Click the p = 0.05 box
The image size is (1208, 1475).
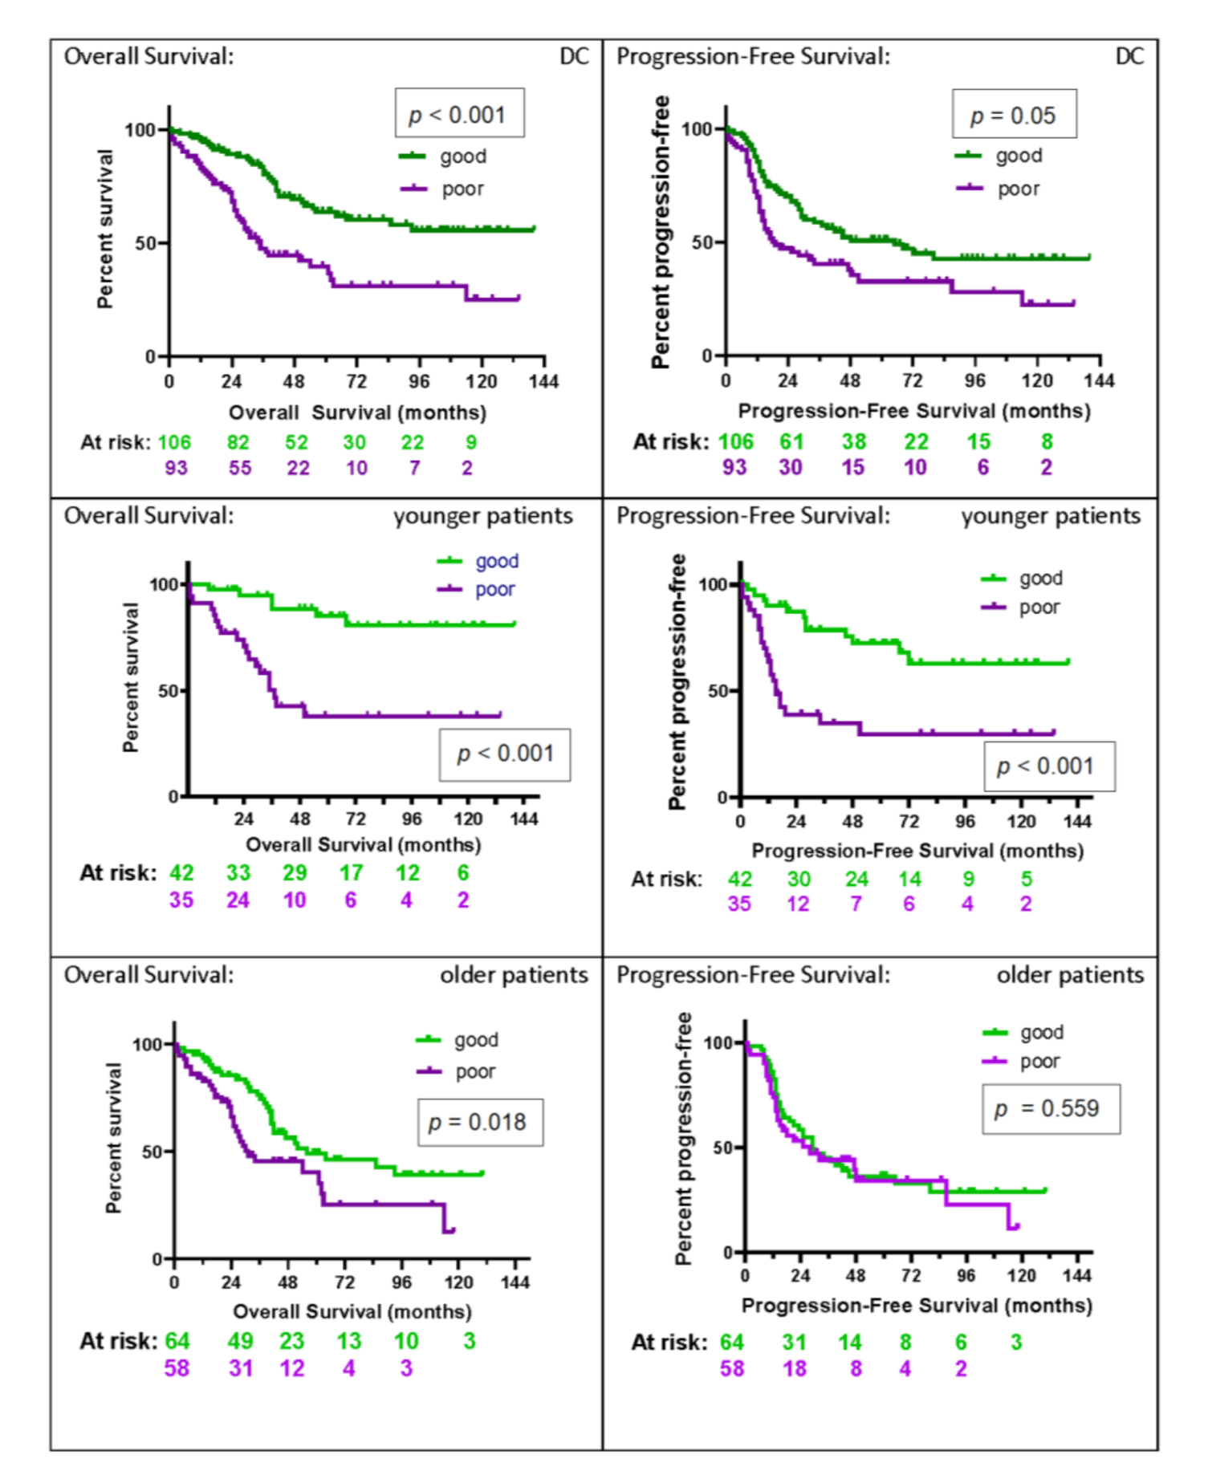(x=1013, y=115)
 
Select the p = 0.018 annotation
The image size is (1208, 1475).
(x=479, y=1122)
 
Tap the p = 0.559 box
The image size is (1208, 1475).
(x=1050, y=1109)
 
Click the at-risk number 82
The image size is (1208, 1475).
(x=238, y=442)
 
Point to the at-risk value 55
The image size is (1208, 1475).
(x=240, y=468)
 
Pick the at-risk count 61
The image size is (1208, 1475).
(x=791, y=441)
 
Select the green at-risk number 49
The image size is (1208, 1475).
(x=240, y=1341)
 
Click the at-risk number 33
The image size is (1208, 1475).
(x=238, y=873)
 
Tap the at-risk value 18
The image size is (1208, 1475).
(x=795, y=1369)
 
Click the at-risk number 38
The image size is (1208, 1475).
(x=854, y=441)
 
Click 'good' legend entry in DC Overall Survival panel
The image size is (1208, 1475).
(x=462, y=156)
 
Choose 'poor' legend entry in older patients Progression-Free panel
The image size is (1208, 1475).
(x=1039, y=1062)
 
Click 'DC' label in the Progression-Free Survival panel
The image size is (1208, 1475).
(x=1129, y=56)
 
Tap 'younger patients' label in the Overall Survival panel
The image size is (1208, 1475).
(x=482, y=516)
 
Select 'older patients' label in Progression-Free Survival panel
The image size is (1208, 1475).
(x=1070, y=975)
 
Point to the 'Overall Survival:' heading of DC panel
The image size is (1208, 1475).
(x=149, y=56)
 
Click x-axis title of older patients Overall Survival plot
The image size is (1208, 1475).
(x=352, y=1311)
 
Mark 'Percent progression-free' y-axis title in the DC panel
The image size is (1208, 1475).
(x=661, y=232)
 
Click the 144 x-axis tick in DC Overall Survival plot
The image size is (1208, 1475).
(x=543, y=381)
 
